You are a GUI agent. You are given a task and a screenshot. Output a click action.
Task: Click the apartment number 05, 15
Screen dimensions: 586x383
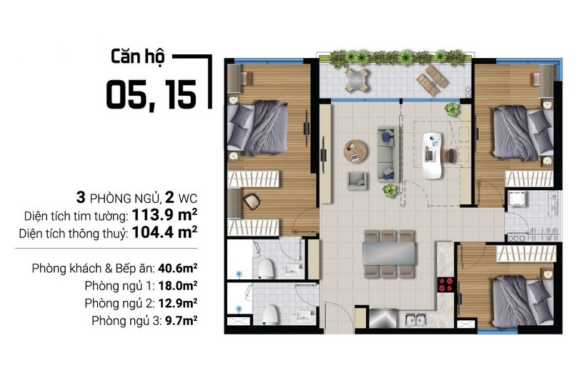coord(152,95)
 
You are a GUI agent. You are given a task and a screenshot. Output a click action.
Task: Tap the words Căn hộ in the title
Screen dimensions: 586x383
coord(137,57)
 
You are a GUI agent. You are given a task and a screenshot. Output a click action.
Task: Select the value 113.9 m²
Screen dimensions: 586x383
coord(164,215)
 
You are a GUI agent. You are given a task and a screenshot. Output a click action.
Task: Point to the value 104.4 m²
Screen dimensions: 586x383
coord(164,232)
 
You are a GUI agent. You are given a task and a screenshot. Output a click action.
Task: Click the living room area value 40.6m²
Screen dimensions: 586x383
coord(177,268)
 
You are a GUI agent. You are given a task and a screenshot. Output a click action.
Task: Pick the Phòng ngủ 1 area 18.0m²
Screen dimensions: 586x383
coord(177,286)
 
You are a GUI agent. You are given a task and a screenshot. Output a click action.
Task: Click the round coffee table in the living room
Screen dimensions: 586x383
coord(355,151)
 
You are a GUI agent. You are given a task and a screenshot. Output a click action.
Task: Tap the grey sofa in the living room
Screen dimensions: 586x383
coord(388,154)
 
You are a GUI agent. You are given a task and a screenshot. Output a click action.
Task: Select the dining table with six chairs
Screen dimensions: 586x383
coord(389,254)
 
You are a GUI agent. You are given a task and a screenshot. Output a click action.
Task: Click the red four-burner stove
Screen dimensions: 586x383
coord(445,284)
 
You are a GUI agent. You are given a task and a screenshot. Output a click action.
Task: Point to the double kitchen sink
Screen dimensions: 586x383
coord(416,320)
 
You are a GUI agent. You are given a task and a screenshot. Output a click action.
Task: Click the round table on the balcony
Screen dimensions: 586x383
coord(357,79)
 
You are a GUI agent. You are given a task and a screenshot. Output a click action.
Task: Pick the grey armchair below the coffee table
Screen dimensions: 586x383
coord(357,181)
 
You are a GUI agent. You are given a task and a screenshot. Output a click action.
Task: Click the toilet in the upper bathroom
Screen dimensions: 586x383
coord(266,269)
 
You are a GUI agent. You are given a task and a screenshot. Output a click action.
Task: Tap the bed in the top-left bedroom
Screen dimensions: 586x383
coord(257,128)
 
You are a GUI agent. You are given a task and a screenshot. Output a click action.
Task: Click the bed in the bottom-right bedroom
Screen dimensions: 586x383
coord(523,301)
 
